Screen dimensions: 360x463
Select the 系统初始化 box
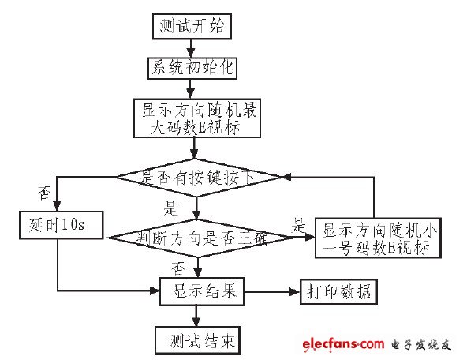pyautogui.click(x=192, y=68)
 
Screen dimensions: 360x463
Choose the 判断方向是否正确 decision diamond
pyautogui.click(x=199, y=237)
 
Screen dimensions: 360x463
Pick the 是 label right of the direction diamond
pyautogui.click(x=299, y=223)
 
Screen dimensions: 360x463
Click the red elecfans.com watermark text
pyautogui.click(x=341, y=344)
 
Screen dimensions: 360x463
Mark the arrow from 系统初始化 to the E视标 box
pyautogui.click(x=192, y=88)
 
